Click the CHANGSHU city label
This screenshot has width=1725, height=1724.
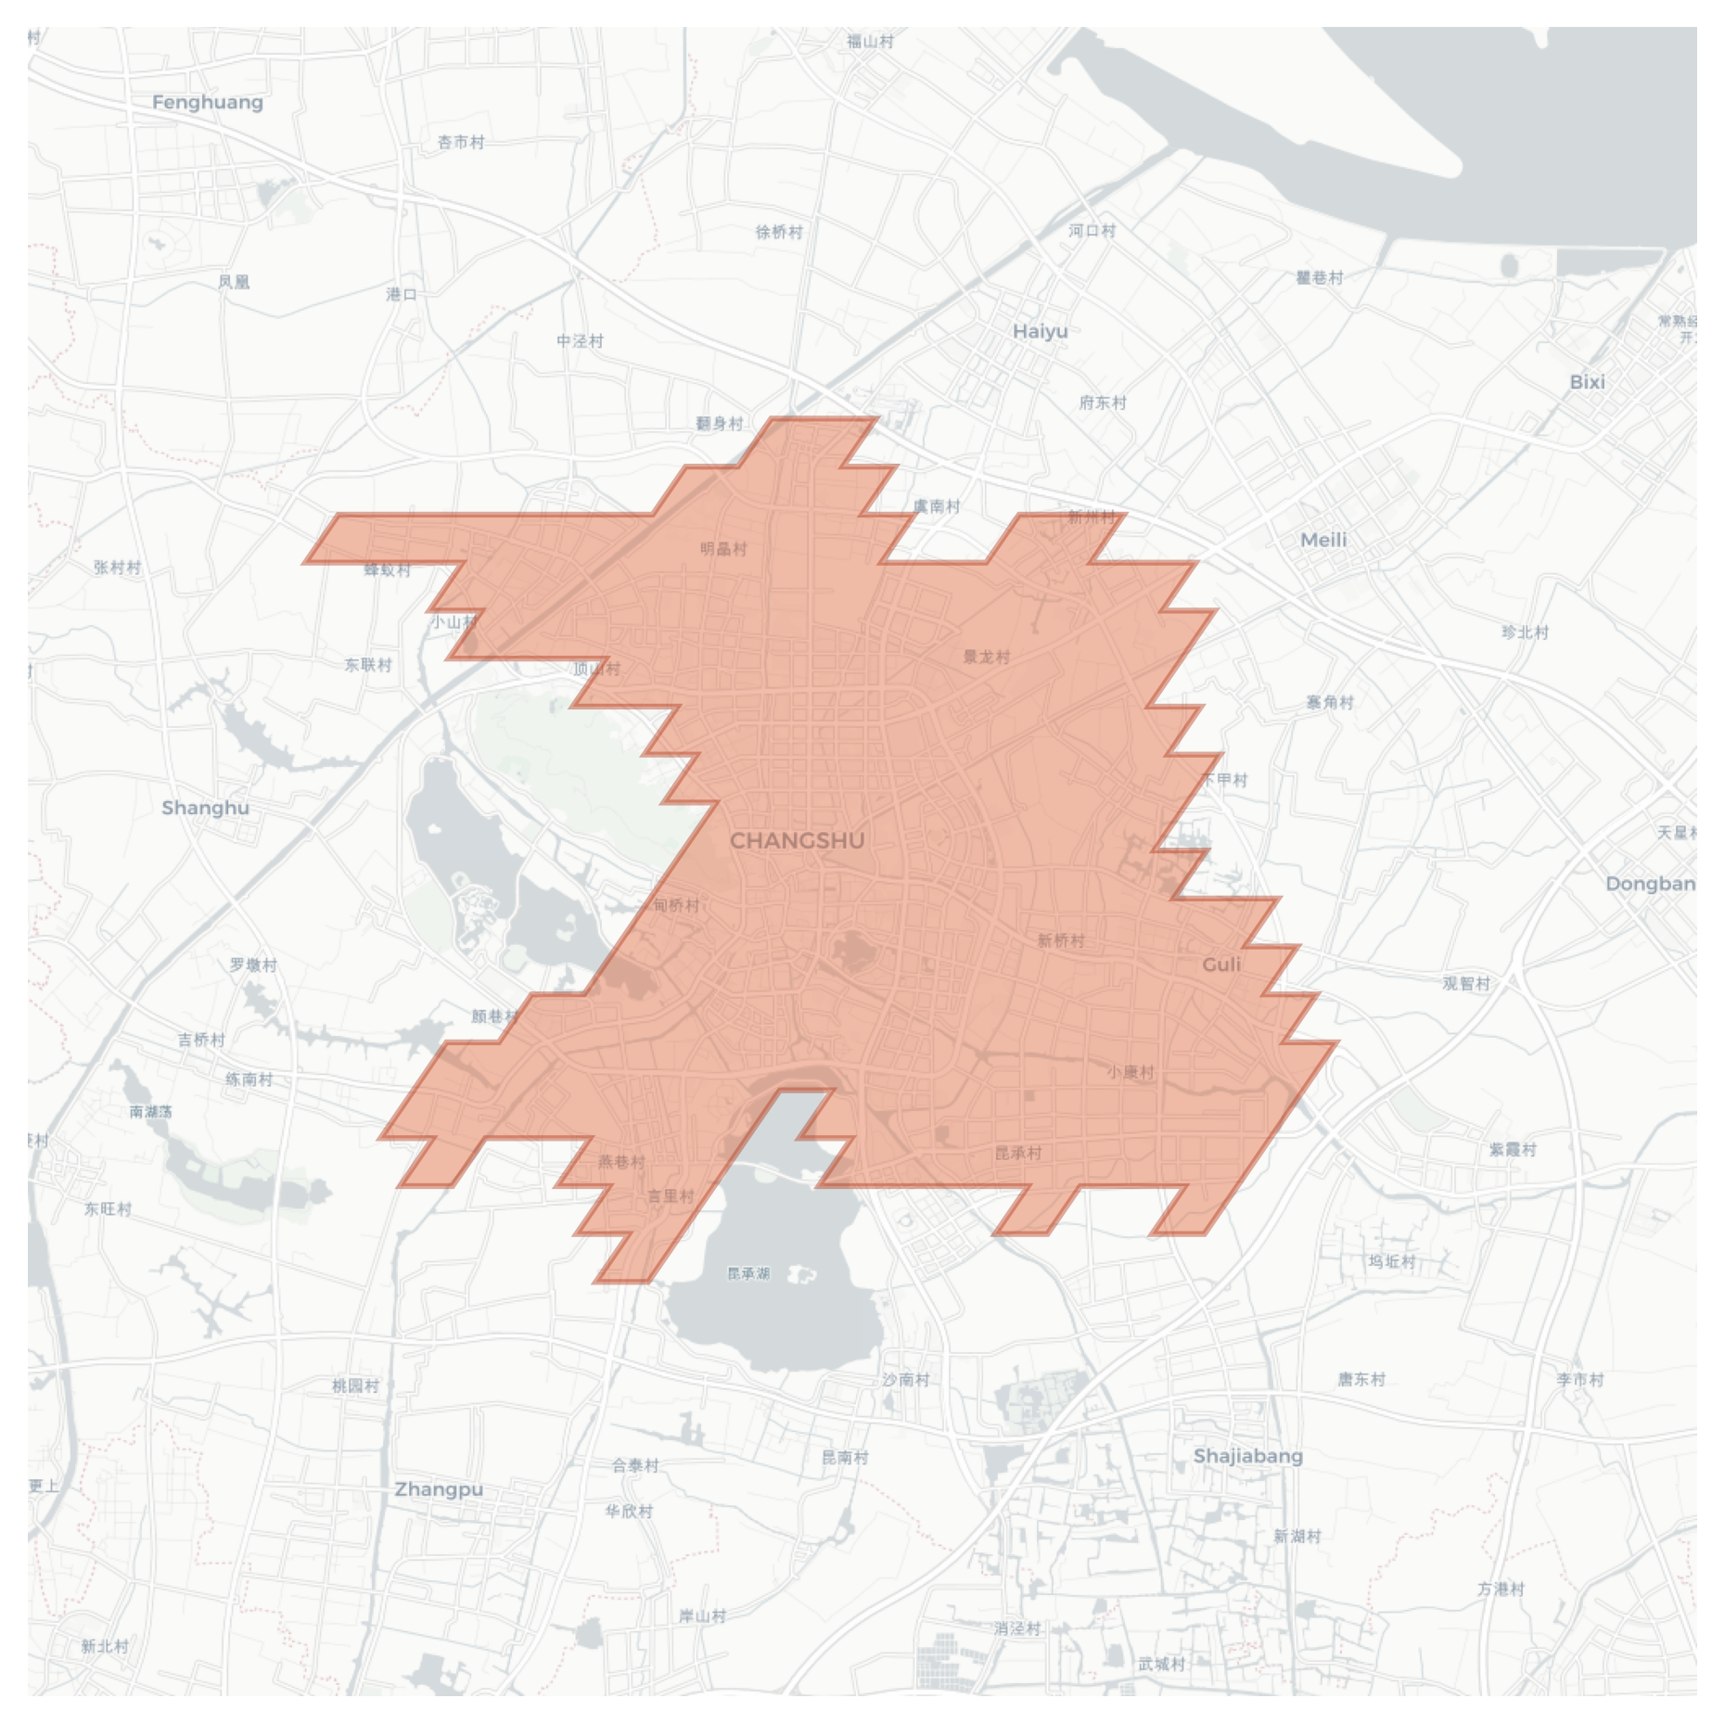[797, 841]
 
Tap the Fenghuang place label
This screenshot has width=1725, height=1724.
[208, 102]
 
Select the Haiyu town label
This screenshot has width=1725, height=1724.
[1040, 331]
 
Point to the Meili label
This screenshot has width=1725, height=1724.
[1322, 540]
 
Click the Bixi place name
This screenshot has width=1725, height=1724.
[1587, 382]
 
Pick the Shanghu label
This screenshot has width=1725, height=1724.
[205, 808]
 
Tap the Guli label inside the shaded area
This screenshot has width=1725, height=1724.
[1221, 964]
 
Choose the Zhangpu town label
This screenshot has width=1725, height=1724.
[439, 1489]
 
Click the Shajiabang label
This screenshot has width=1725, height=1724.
[1247, 1456]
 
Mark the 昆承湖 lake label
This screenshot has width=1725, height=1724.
[748, 1273]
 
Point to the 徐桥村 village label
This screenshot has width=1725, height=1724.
[779, 232]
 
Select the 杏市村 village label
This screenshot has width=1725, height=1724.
[461, 142]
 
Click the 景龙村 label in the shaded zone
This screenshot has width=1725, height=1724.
[986, 658]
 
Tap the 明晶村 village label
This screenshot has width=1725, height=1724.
[723, 549]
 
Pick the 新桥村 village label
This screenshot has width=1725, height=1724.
[1060, 940]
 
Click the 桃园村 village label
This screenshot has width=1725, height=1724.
[355, 1386]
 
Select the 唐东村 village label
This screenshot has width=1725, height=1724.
[1361, 1379]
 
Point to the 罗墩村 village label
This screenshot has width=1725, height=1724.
[253, 965]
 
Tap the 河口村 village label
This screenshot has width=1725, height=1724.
[1092, 231]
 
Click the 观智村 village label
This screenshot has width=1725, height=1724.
[1466, 984]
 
